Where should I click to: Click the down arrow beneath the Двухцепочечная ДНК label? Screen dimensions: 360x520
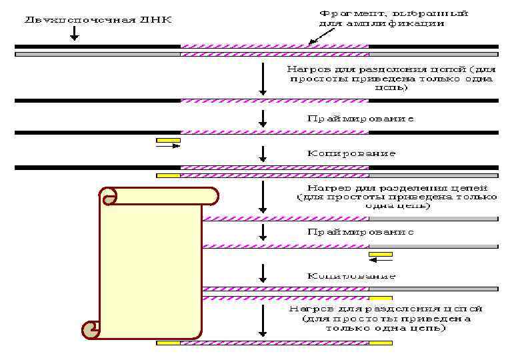click(73, 33)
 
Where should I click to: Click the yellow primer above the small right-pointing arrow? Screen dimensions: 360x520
click(168, 141)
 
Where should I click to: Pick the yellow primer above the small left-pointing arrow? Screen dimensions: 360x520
click(380, 254)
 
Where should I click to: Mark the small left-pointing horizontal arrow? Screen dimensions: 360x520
click(380, 261)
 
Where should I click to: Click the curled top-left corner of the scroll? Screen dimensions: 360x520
click(108, 196)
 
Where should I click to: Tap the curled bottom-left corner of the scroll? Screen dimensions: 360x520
click(91, 329)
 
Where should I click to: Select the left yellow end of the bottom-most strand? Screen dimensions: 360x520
click(168, 343)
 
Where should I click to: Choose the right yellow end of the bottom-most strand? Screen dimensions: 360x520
click(381, 343)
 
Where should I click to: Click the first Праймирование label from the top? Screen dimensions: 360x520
click(361, 119)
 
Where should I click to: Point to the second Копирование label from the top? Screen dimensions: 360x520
click(351, 276)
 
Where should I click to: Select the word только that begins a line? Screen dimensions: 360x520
click(343, 327)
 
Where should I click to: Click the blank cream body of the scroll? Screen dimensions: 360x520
click(151, 267)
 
